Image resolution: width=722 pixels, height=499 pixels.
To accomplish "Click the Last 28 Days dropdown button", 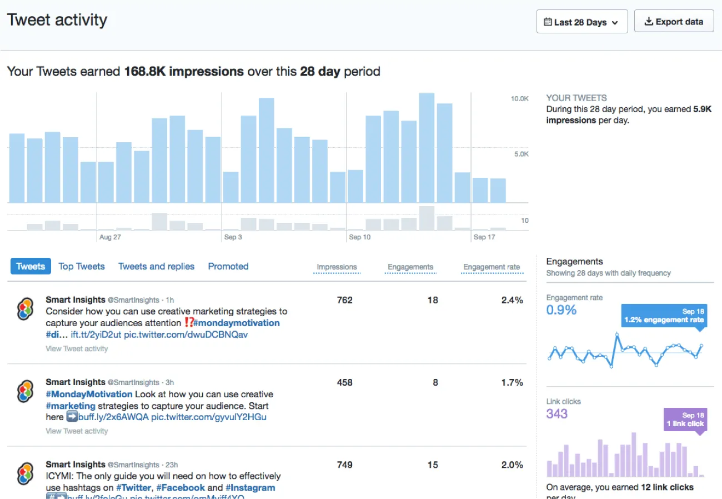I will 581,22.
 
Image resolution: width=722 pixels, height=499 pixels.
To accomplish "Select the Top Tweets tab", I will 82,266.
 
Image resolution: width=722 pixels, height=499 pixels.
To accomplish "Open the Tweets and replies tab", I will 156,266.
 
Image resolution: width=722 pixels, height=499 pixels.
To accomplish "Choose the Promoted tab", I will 228,266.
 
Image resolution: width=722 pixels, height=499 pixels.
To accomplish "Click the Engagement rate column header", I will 492,267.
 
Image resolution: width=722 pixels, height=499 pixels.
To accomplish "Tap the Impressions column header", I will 337,267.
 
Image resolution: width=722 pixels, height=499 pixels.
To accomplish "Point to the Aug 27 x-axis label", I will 110,237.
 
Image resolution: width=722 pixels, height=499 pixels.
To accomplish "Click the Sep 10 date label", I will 359,237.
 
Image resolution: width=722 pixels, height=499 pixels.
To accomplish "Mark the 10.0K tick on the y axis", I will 520,99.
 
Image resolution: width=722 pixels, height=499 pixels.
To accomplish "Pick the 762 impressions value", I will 344,300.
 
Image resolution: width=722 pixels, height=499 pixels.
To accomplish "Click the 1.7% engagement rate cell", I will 512,382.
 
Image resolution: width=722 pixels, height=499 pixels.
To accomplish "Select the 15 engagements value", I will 433,465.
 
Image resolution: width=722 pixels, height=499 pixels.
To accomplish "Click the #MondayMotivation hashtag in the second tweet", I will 89,394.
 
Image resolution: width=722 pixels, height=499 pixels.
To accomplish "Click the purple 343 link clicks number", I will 557,413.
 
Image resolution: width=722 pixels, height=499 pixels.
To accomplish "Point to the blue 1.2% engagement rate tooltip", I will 664,316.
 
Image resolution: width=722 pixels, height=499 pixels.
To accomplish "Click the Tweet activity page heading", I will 57,21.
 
